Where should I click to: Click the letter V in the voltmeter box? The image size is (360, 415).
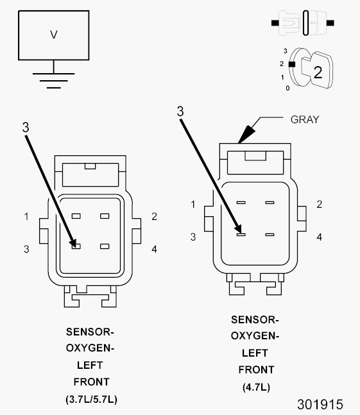tap(54, 35)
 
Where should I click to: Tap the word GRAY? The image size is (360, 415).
tap(305, 120)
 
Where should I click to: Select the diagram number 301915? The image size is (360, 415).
tap(320, 404)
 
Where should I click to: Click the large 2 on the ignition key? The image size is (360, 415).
tap(318, 72)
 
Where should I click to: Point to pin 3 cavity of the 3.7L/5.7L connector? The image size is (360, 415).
tap(76, 246)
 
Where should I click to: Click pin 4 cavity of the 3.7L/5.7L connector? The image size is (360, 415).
tap(105, 246)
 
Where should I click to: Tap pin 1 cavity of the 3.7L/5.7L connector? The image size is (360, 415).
tap(76, 216)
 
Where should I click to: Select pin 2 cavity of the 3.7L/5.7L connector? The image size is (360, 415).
tap(105, 216)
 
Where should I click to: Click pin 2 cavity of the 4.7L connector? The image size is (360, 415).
tap(270, 203)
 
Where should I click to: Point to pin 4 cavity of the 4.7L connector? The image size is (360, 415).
tap(270, 235)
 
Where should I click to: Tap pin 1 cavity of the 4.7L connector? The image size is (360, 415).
tap(241, 203)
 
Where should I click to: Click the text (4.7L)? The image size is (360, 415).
tap(256, 387)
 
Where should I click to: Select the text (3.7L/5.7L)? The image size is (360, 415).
tap(91, 399)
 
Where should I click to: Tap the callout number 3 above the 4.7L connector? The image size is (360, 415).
tap(180, 112)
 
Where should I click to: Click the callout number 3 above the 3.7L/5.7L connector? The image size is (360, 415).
tap(26, 128)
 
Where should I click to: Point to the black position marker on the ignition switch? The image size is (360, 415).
tap(292, 64)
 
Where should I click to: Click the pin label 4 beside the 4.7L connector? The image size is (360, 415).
tap(320, 237)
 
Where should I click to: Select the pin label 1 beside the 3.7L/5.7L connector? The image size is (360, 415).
tap(26, 217)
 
